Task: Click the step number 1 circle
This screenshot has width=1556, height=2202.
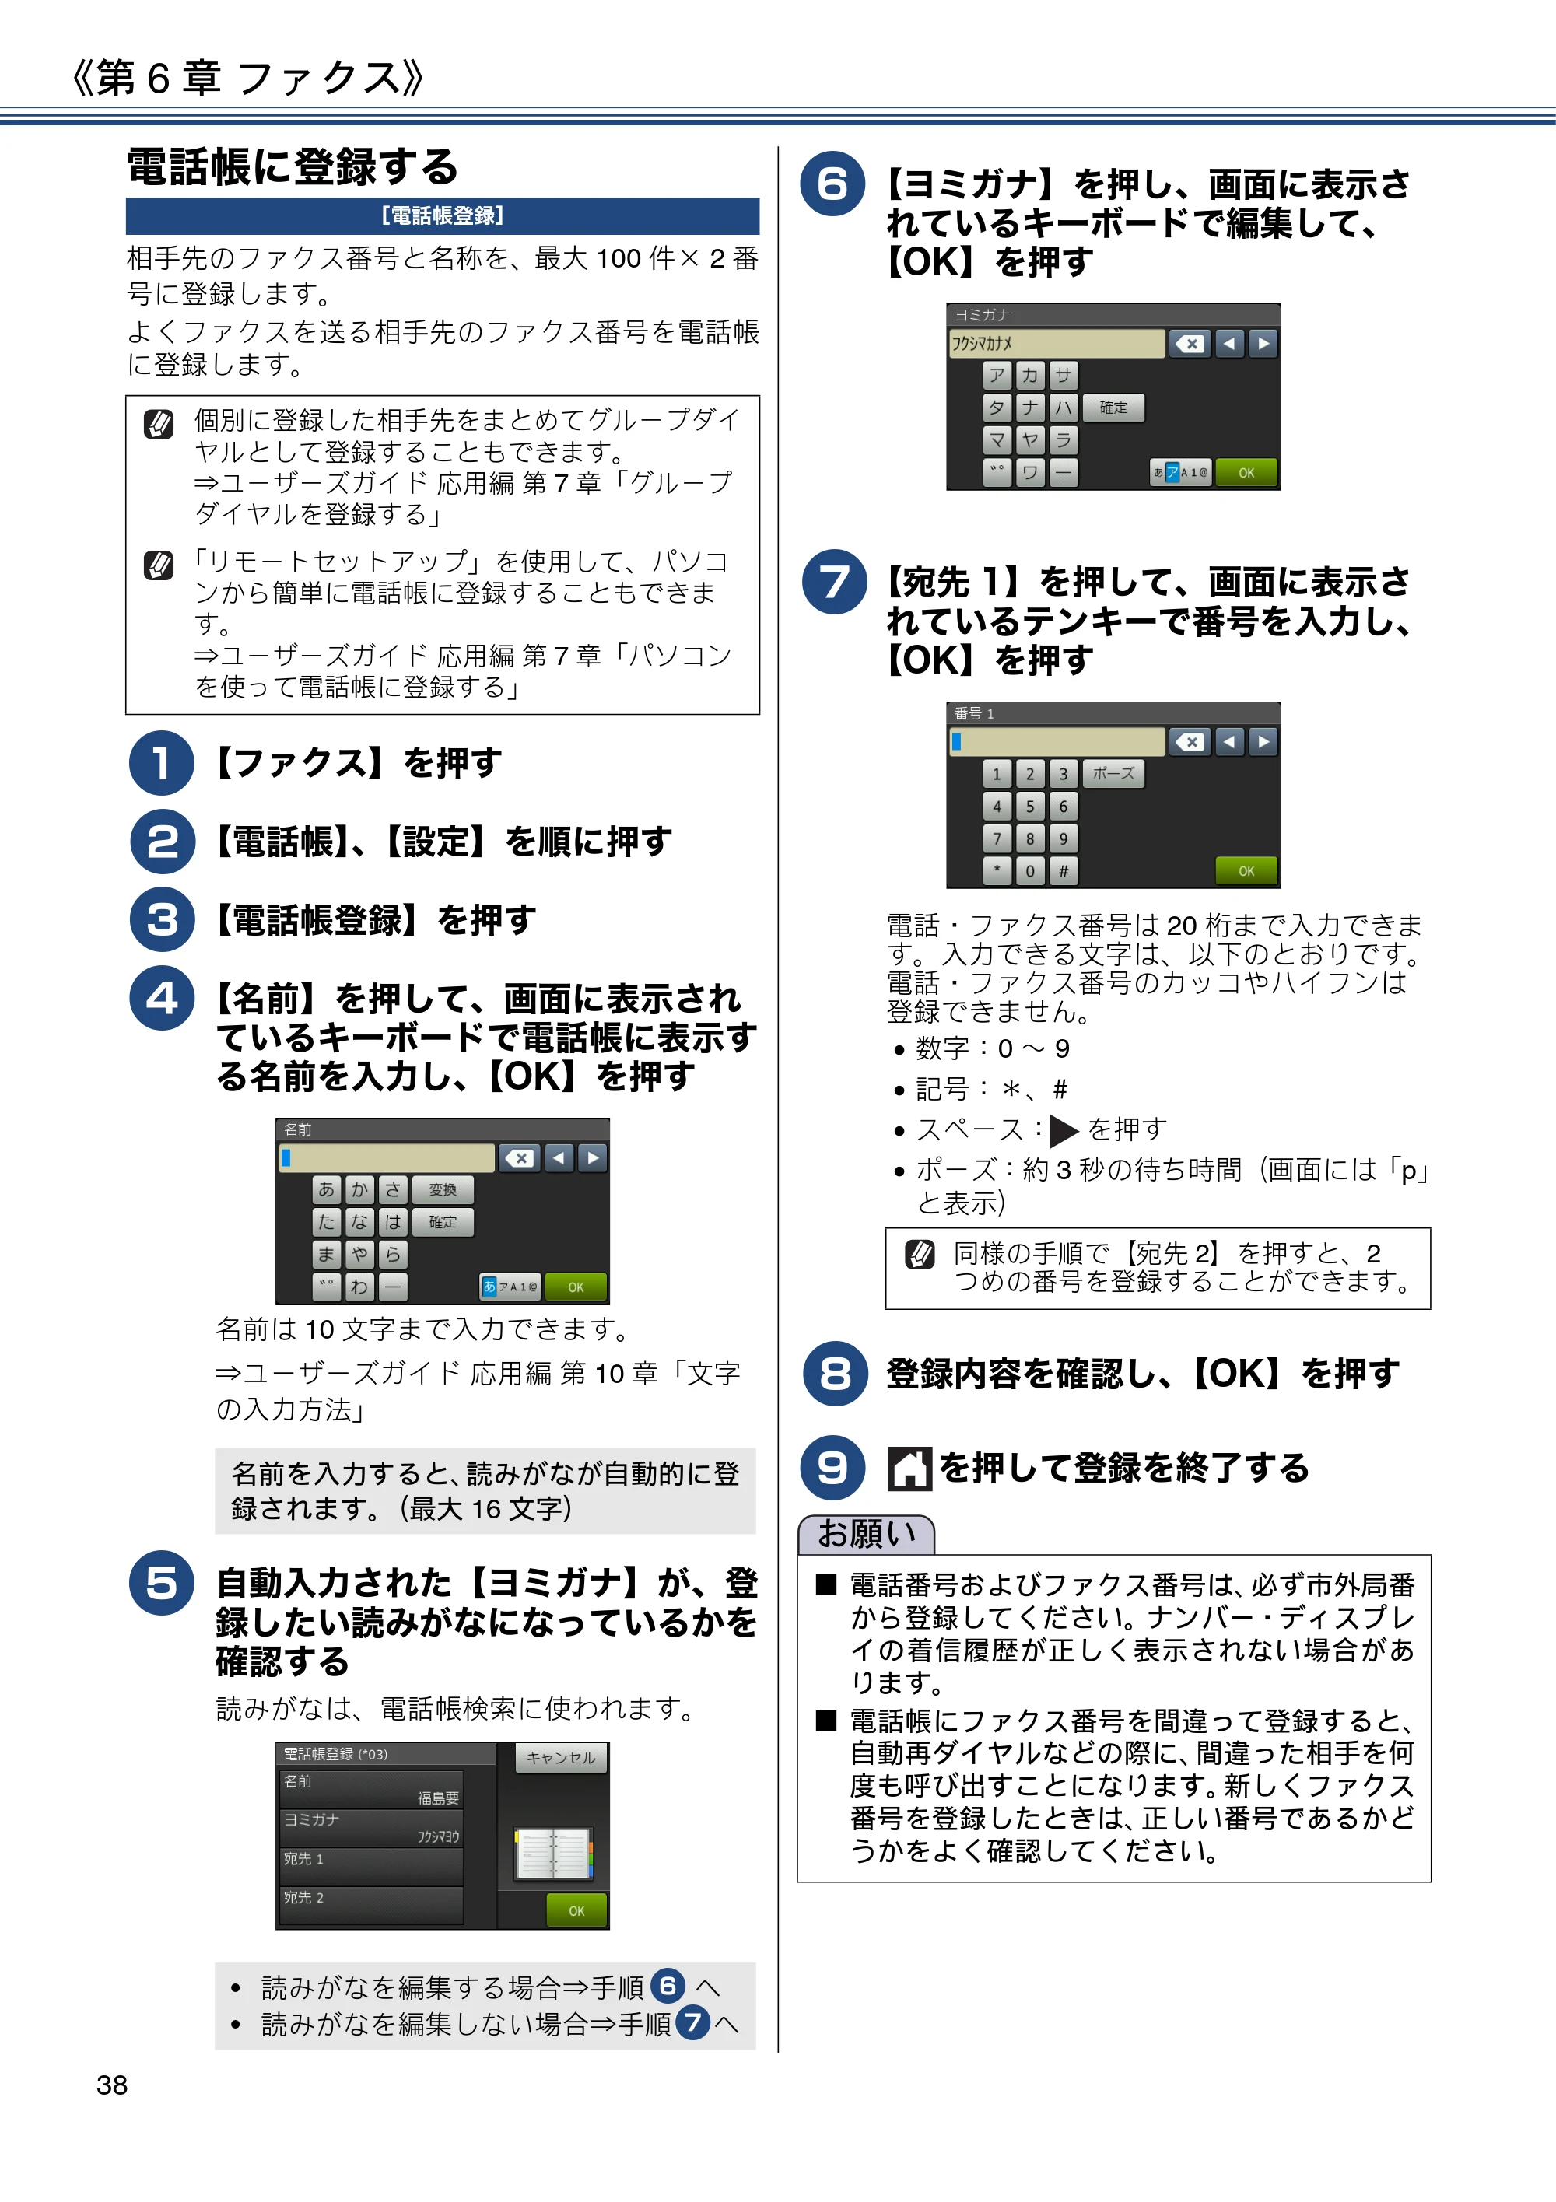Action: click(x=162, y=762)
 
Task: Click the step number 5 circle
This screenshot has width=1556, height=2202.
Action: click(x=162, y=1582)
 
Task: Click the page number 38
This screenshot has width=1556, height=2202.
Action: click(x=112, y=2084)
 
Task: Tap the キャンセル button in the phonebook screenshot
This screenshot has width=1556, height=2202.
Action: click(x=561, y=1757)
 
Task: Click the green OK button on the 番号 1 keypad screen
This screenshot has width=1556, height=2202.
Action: click(x=1246, y=871)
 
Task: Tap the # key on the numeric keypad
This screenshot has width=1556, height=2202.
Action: click(x=1063, y=871)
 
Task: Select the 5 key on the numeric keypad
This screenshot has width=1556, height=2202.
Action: click(x=1030, y=807)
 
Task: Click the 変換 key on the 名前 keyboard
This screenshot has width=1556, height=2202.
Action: click(x=443, y=1190)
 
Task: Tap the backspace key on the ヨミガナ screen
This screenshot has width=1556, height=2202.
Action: click(x=1190, y=343)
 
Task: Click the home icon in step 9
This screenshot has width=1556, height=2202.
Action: click(x=909, y=1469)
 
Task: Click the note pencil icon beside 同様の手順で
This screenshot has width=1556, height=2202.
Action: click(x=920, y=1254)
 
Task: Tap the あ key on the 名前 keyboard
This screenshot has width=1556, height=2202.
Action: click(x=327, y=1190)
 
